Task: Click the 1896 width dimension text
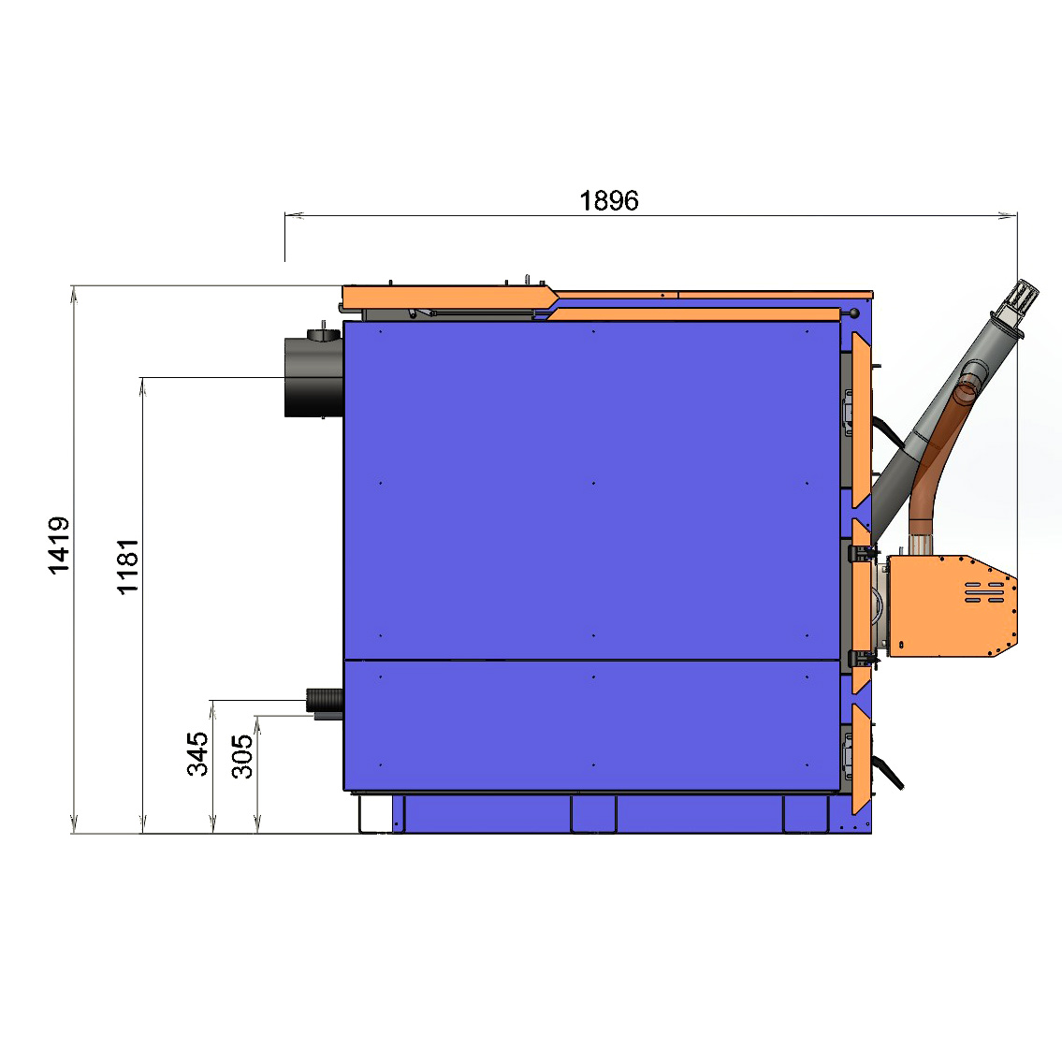point(609,200)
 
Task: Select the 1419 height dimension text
point(59,546)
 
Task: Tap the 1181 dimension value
point(128,567)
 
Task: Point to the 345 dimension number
point(197,753)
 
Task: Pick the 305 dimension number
point(242,757)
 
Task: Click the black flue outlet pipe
point(313,377)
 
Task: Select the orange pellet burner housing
point(952,605)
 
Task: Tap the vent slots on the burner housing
point(984,592)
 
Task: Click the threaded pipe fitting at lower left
point(325,700)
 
